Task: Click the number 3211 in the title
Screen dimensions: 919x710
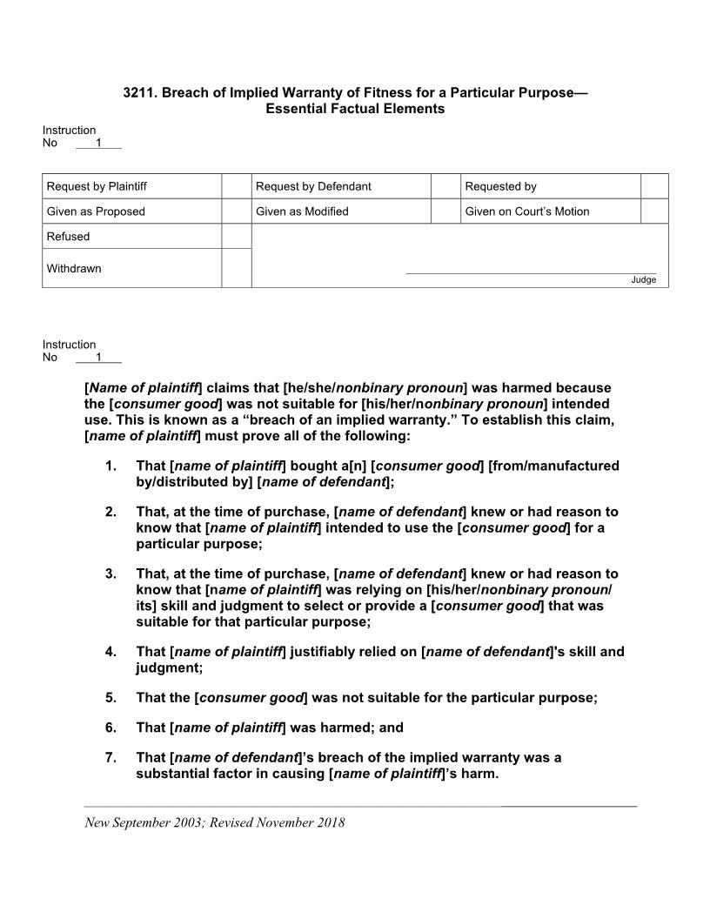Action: click(x=138, y=92)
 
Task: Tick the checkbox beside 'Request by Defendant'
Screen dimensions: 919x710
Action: click(x=445, y=186)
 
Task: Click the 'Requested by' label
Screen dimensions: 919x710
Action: click(x=500, y=186)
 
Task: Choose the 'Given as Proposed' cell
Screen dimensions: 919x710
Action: click(x=96, y=211)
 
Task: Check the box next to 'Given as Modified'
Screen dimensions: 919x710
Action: click(x=445, y=211)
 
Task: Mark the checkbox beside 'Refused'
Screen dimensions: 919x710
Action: click(x=236, y=237)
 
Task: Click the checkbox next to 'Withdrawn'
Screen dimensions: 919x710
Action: click(x=236, y=268)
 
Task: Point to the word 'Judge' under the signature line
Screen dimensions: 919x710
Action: click(x=643, y=280)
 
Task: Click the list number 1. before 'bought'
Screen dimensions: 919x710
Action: click(x=111, y=466)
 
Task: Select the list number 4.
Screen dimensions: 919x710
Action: click(x=111, y=652)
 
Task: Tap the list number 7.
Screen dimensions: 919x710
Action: click(x=111, y=758)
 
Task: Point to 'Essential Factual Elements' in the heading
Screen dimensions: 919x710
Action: click(x=355, y=109)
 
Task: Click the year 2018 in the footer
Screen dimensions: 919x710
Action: click(x=329, y=823)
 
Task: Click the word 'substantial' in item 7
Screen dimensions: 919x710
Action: click(x=171, y=775)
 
